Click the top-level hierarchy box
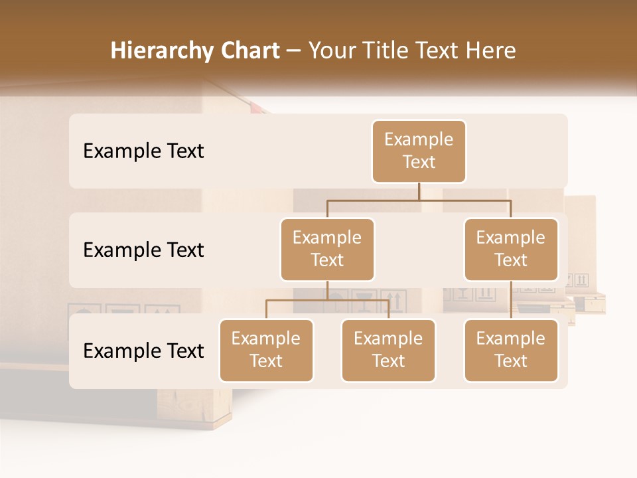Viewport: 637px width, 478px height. [x=419, y=151]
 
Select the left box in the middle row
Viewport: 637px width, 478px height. [x=327, y=249]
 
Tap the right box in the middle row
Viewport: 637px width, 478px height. [x=511, y=249]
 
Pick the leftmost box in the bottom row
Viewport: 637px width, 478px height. [x=266, y=350]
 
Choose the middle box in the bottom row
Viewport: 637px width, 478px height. [x=388, y=350]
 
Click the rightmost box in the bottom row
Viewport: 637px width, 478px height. [x=511, y=350]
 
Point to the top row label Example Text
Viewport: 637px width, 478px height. [x=143, y=151]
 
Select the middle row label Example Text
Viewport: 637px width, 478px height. [x=143, y=250]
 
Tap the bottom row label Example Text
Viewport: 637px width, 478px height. [x=143, y=351]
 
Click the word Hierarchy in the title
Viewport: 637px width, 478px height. [x=161, y=50]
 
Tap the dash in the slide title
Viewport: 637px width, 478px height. [x=294, y=50]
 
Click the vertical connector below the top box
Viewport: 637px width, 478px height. [x=419, y=191]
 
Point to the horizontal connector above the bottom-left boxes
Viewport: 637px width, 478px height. [x=327, y=300]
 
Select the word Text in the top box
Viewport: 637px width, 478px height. [x=419, y=162]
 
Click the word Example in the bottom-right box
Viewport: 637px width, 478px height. [x=511, y=339]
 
